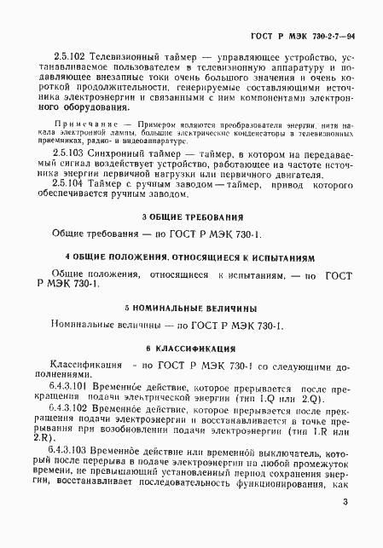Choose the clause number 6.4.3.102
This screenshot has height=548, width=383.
(x=74, y=409)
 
